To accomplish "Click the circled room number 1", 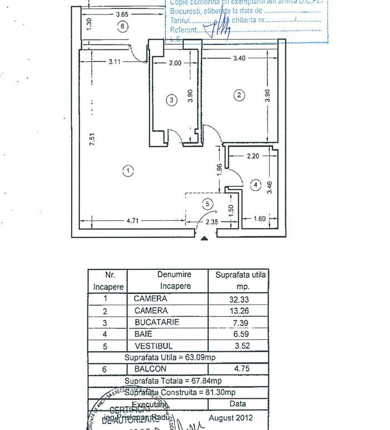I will [x=129, y=171].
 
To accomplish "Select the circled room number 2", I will [x=240, y=95].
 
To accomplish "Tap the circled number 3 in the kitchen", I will [x=172, y=100].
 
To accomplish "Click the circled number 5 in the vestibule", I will [x=208, y=204].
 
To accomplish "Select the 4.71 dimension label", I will [x=132, y=221].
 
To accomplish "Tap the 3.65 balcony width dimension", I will [x=123, y=14].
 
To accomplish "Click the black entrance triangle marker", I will [x=205, y=239].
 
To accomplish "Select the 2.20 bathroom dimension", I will [x=253, y=157].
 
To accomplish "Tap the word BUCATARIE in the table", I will [x=151, y=322].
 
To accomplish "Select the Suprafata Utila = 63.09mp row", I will [x=177, y=357].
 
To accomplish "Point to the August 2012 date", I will [x=230, y=417].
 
